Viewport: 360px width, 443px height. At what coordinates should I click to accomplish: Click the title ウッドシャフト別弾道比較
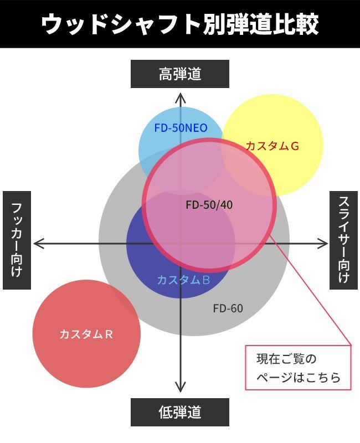pos(180,24)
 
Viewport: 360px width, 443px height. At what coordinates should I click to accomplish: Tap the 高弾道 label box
pos(180,74)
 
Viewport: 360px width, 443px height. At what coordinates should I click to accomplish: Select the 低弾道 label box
pos(180,413)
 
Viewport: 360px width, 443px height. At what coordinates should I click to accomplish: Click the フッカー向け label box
pos(17,240)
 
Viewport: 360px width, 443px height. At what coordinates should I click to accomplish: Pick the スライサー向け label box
pos(343,240)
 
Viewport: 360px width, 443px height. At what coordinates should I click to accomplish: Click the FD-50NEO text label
pos(181,128)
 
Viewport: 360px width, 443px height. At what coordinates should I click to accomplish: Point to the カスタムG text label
pos(272,146)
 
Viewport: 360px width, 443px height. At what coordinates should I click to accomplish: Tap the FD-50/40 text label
pos(209,205)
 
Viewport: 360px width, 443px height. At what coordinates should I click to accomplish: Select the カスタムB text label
pos(183,280)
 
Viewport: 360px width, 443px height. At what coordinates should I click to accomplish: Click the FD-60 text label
pos(228,308)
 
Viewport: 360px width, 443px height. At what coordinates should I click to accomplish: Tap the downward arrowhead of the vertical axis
pos(180,388)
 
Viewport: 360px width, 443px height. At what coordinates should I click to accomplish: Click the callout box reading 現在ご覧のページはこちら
pos(299,368)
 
